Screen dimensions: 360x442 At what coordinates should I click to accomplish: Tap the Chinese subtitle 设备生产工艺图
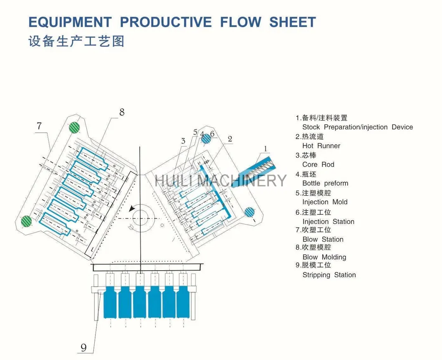point(76,42)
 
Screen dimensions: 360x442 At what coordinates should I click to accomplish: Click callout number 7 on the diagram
point(39,126)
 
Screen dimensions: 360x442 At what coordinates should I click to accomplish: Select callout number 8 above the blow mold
point(122,112)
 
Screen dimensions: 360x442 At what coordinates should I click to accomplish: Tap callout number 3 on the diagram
point(183,141)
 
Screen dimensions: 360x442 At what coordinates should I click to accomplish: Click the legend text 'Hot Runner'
point(321,146)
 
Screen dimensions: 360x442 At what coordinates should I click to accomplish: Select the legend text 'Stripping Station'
point(329,275)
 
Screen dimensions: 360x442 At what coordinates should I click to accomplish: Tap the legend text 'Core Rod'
point(318,165)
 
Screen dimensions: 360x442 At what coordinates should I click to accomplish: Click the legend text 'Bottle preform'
point(325,183)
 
